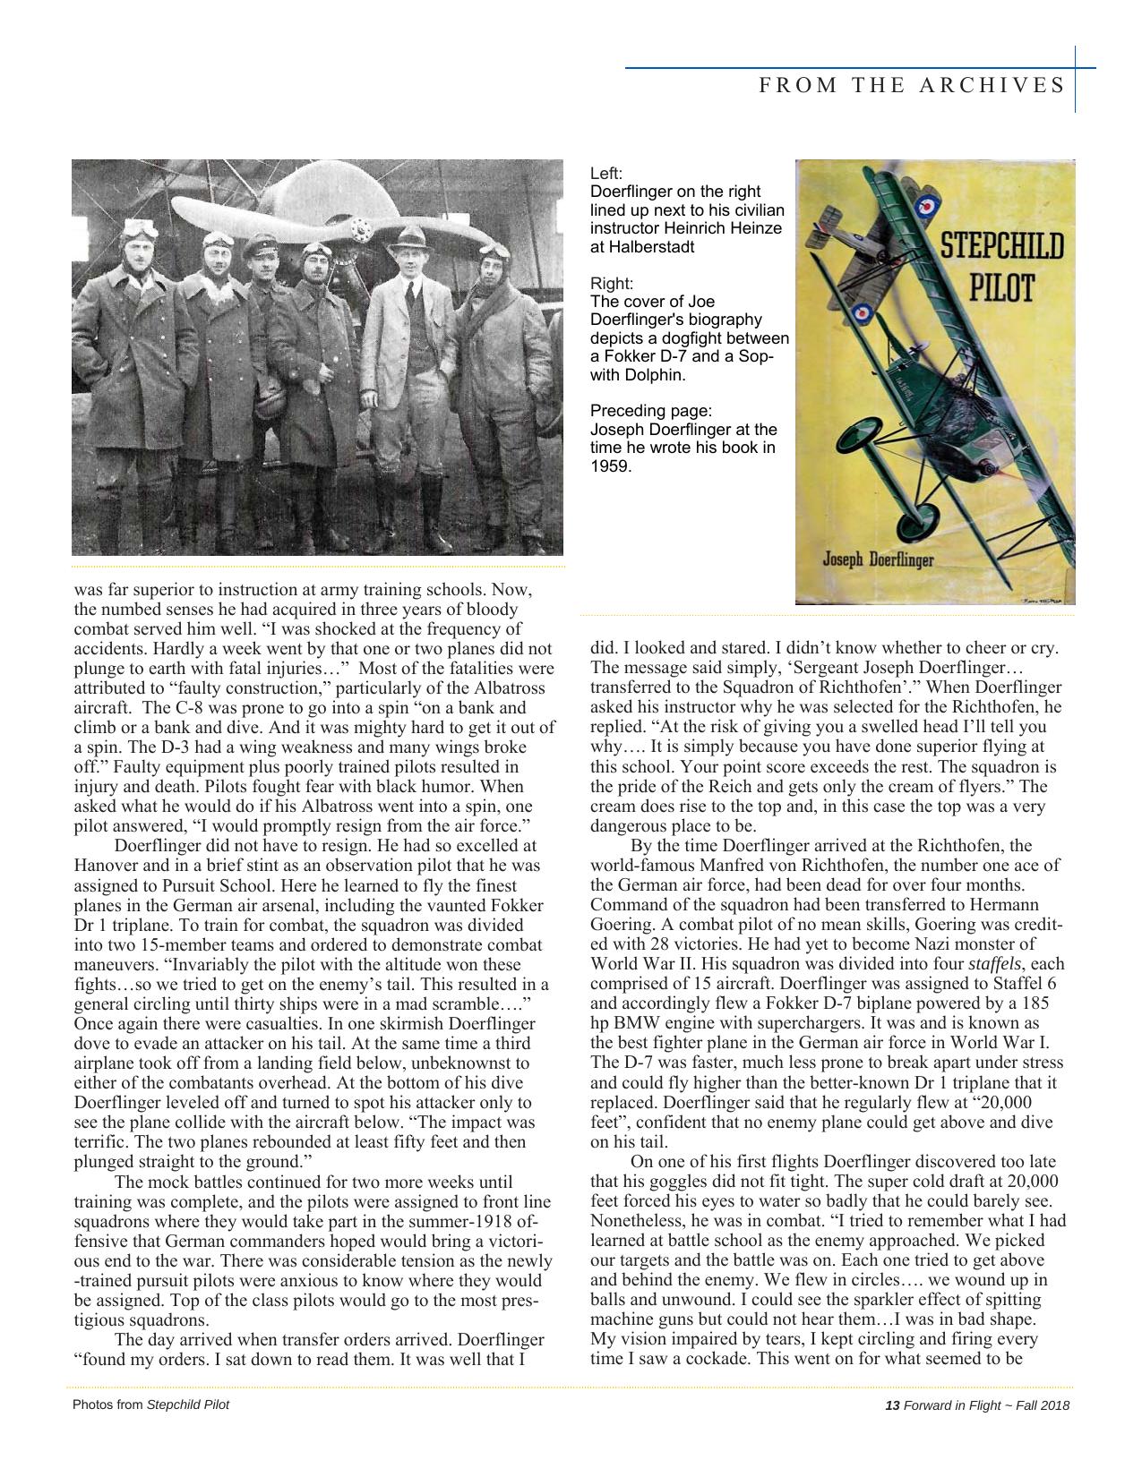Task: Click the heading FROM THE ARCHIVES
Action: pyautogui.click(x=912, y=85)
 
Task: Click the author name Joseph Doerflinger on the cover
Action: pyautogui.click(x=878, y=560)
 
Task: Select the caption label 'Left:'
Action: pyautogui.click(x=605, y=173)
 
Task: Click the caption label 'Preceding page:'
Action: pyautogui.click(x=650, y=411)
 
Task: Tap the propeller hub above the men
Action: pyautogui.click(x=360, y=232)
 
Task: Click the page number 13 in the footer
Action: pyautogui.click(x=891, y=1405)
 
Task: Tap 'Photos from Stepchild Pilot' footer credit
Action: pyautogui.click(x=150, y=1404)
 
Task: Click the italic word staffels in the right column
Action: pyautogui.click(x=995, y=964)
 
